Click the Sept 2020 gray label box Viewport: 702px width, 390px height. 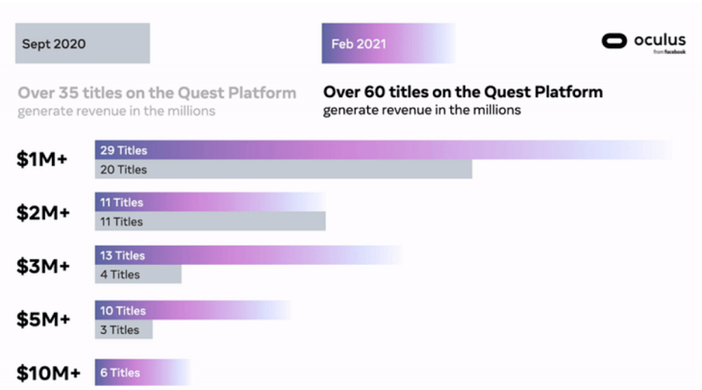point(82,43)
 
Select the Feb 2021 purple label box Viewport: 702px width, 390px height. point(385,43)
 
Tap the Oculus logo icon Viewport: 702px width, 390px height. point(614,40)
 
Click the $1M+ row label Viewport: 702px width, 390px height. point(41,160)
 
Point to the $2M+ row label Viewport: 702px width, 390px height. point(41,212)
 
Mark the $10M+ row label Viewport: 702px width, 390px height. point(48,373)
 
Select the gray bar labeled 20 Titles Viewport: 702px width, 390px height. point(283,169)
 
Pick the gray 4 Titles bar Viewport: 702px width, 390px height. point(138,274)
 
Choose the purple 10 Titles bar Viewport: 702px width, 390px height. point(192,310)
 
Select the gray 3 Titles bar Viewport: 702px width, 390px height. point(123,329)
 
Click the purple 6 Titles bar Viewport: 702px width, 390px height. point(141,373)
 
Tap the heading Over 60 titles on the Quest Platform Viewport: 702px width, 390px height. point(463,92)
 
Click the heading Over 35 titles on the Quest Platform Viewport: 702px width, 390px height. point(157,92)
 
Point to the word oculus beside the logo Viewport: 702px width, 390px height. point(660,39)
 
